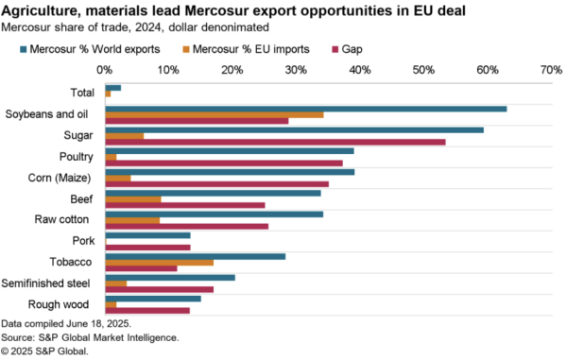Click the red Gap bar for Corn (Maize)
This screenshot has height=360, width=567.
(216, 184)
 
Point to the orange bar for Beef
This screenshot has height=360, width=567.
(132, 199)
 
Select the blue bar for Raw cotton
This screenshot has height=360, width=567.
(214, 214)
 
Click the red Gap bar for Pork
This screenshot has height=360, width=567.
(147, 247)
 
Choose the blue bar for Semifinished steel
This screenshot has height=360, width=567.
(170, 277)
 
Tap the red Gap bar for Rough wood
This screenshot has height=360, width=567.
(146, 310)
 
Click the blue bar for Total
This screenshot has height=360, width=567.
(112, 87)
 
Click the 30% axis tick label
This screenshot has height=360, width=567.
(295, 70)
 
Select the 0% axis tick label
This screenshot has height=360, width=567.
(105, 70)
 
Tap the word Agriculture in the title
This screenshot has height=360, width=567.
(39, 9)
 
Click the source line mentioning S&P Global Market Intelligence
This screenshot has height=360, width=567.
(90, 336)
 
